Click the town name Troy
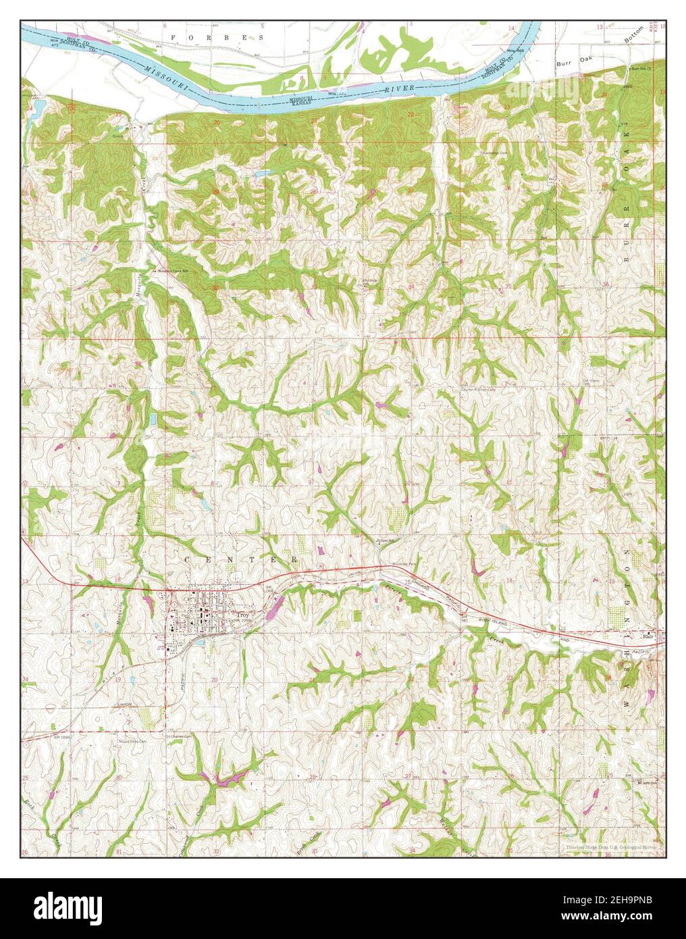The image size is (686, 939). (x=244, y=615)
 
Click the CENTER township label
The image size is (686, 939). (x=240, y=561)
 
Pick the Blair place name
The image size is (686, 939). (x=649, y=636)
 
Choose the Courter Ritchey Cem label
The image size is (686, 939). (x=478, y=390)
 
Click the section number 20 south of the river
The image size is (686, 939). (x=217, y=122)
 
